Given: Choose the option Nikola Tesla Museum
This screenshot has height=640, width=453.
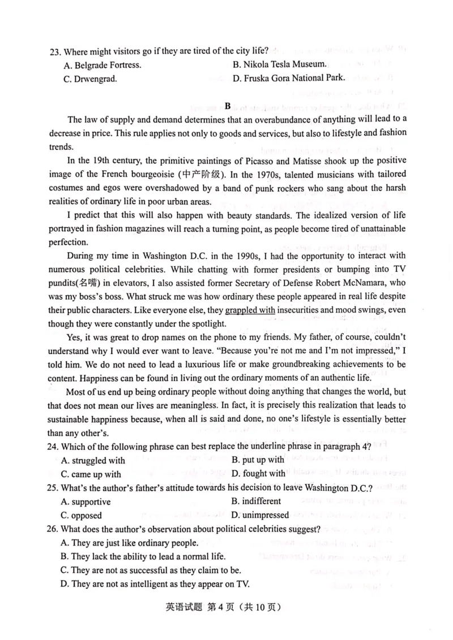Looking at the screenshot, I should pos(279,65).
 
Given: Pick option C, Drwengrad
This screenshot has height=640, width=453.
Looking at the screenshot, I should pos(89,79).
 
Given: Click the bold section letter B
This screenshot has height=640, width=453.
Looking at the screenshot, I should pos(228,106).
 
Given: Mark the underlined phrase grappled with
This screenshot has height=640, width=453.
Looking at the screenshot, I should pos(250,310).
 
